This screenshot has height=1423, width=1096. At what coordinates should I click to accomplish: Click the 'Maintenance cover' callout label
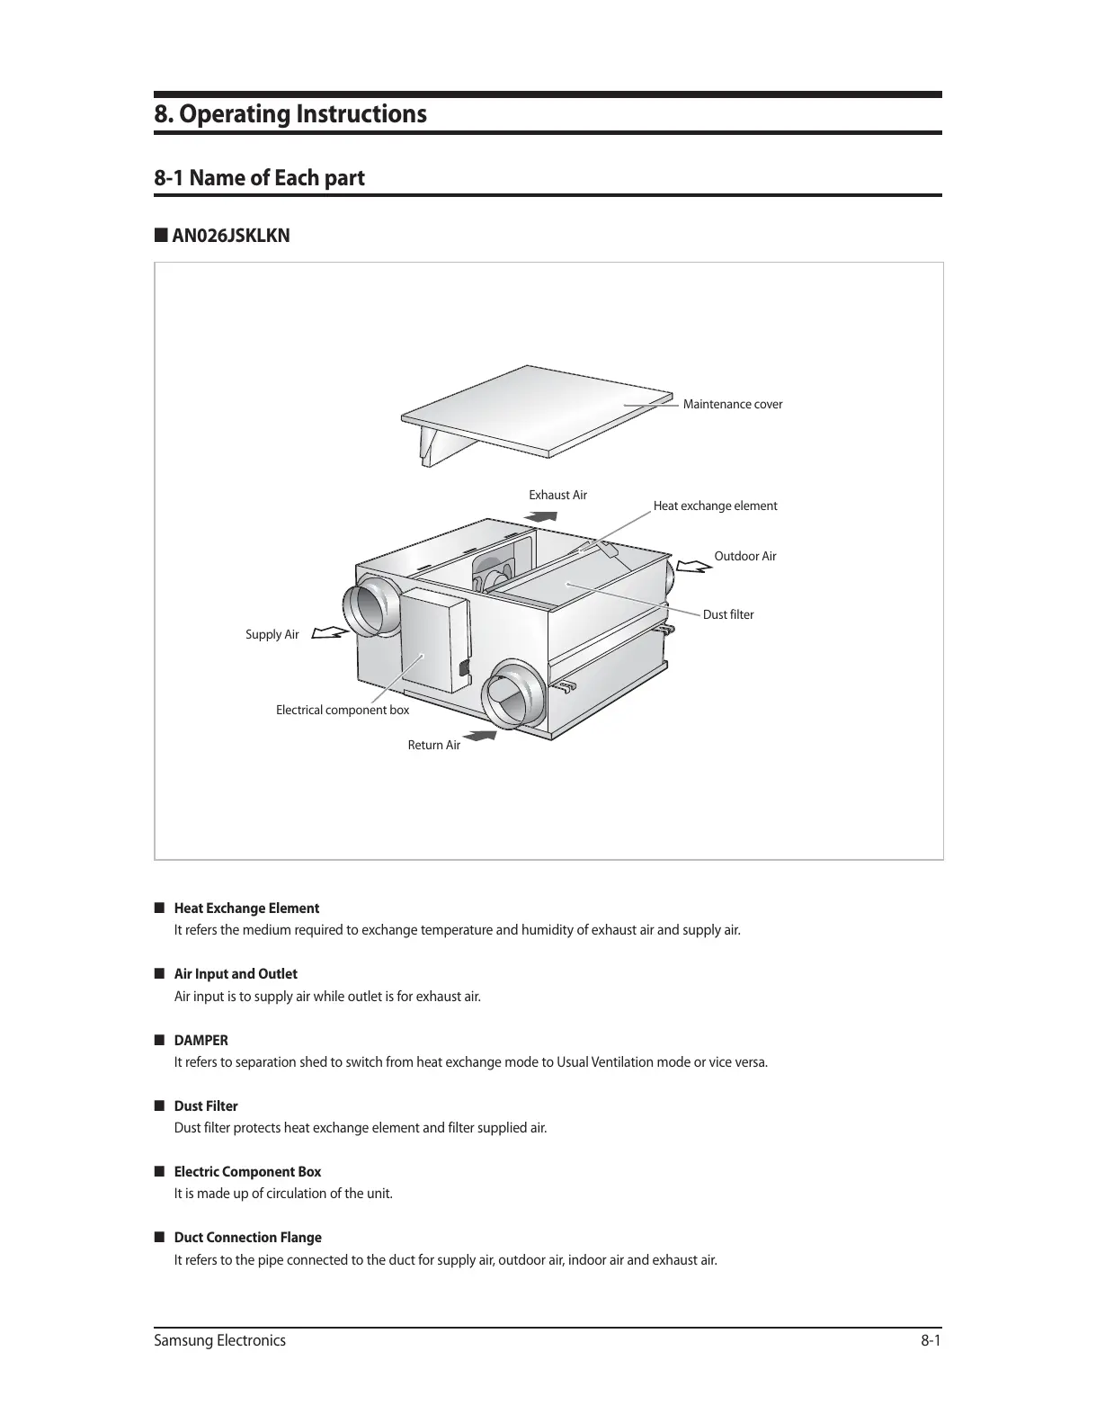(x=732, y=405)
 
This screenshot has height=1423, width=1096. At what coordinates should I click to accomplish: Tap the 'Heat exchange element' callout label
(x=715, y=506)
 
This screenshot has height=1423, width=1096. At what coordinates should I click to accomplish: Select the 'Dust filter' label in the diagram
(x=727, y=615)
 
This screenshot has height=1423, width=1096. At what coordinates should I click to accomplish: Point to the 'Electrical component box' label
(x=342, y=711)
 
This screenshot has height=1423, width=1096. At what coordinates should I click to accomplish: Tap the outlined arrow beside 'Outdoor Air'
(x=692, y=567)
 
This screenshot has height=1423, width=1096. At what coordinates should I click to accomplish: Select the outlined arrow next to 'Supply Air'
(x=330, y=633)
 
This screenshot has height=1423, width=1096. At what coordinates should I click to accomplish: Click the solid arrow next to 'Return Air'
(x=482, y=737)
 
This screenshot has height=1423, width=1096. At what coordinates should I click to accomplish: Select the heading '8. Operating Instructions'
(x=290, y=115)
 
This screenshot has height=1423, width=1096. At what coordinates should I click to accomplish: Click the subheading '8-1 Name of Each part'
(x=259, y=178)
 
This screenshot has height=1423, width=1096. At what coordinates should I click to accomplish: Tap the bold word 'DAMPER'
(x=200, y=1041)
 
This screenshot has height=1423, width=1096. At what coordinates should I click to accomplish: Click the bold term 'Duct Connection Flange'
(x=247, y=1238)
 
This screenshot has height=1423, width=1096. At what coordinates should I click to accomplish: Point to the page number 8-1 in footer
(x=930, y=1341)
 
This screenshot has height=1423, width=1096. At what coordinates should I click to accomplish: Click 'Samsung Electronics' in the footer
(x=220, y=1341)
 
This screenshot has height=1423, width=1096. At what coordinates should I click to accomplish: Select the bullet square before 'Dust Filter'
(x=159, y=1105)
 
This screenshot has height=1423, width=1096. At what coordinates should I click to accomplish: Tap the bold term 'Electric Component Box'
(x=247, y=1172)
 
